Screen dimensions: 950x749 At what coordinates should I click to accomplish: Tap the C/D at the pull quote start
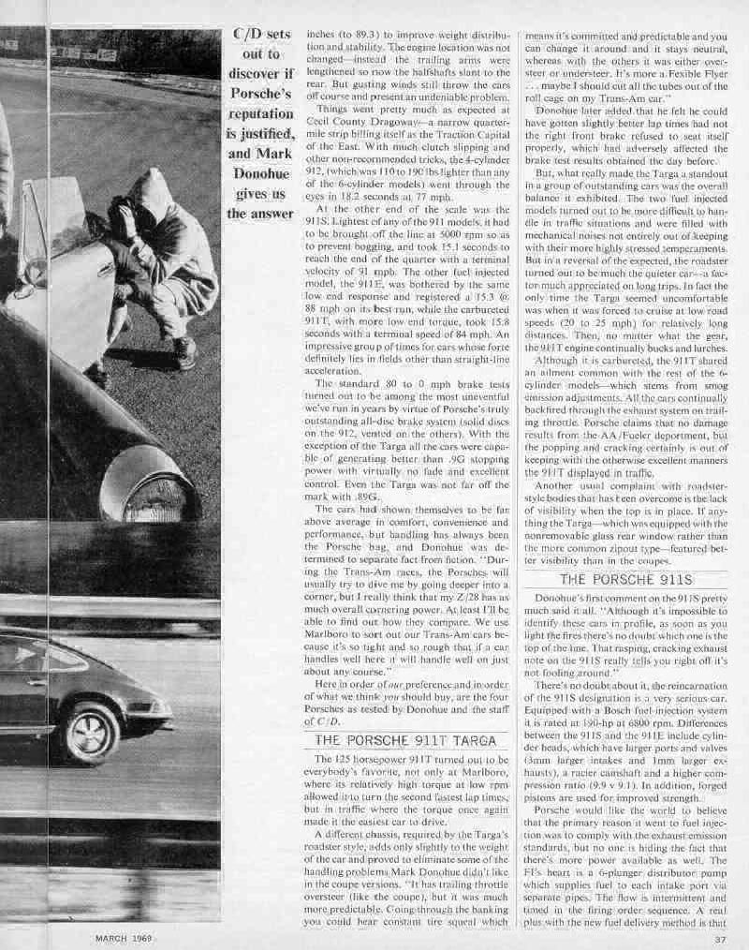pyautogui.click(x=250, y=35)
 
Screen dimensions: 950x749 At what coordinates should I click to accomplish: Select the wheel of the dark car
pyautogui.click(x=90, y=732)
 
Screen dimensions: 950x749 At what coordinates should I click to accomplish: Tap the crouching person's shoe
pyautogui.click(x=184, y=353)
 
